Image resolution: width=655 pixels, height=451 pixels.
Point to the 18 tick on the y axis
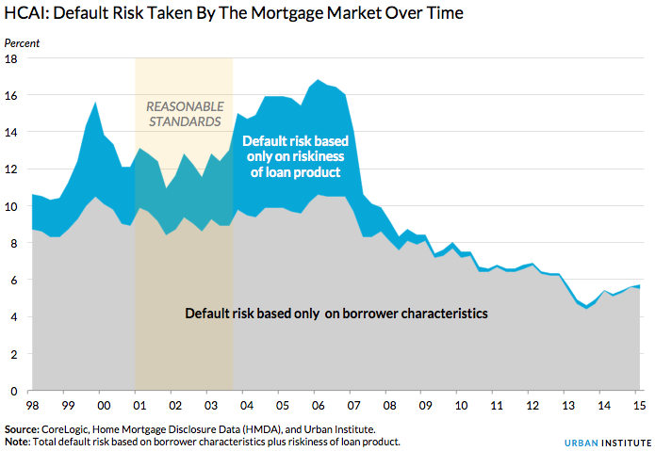pyautogui.click(x=13, y=59)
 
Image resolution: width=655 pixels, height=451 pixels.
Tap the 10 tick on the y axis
pyautogui.click(x=13, y=206)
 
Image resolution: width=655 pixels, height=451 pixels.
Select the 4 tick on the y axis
pyautogui.click(x=13, y=317)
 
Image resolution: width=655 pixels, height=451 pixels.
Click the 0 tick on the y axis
pyautogui.click(x=13, y=391)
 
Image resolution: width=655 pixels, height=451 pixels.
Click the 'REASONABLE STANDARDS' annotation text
pyautogui.click(x=184, y=114)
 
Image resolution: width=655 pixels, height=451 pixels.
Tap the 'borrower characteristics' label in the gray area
pyautogui.click(x=336, y=314)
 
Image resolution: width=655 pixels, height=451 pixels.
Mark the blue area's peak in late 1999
pyautogui.click(x=95, y=103)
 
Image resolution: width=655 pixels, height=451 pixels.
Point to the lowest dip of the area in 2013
pyautogui.click(x=586, y=307)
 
